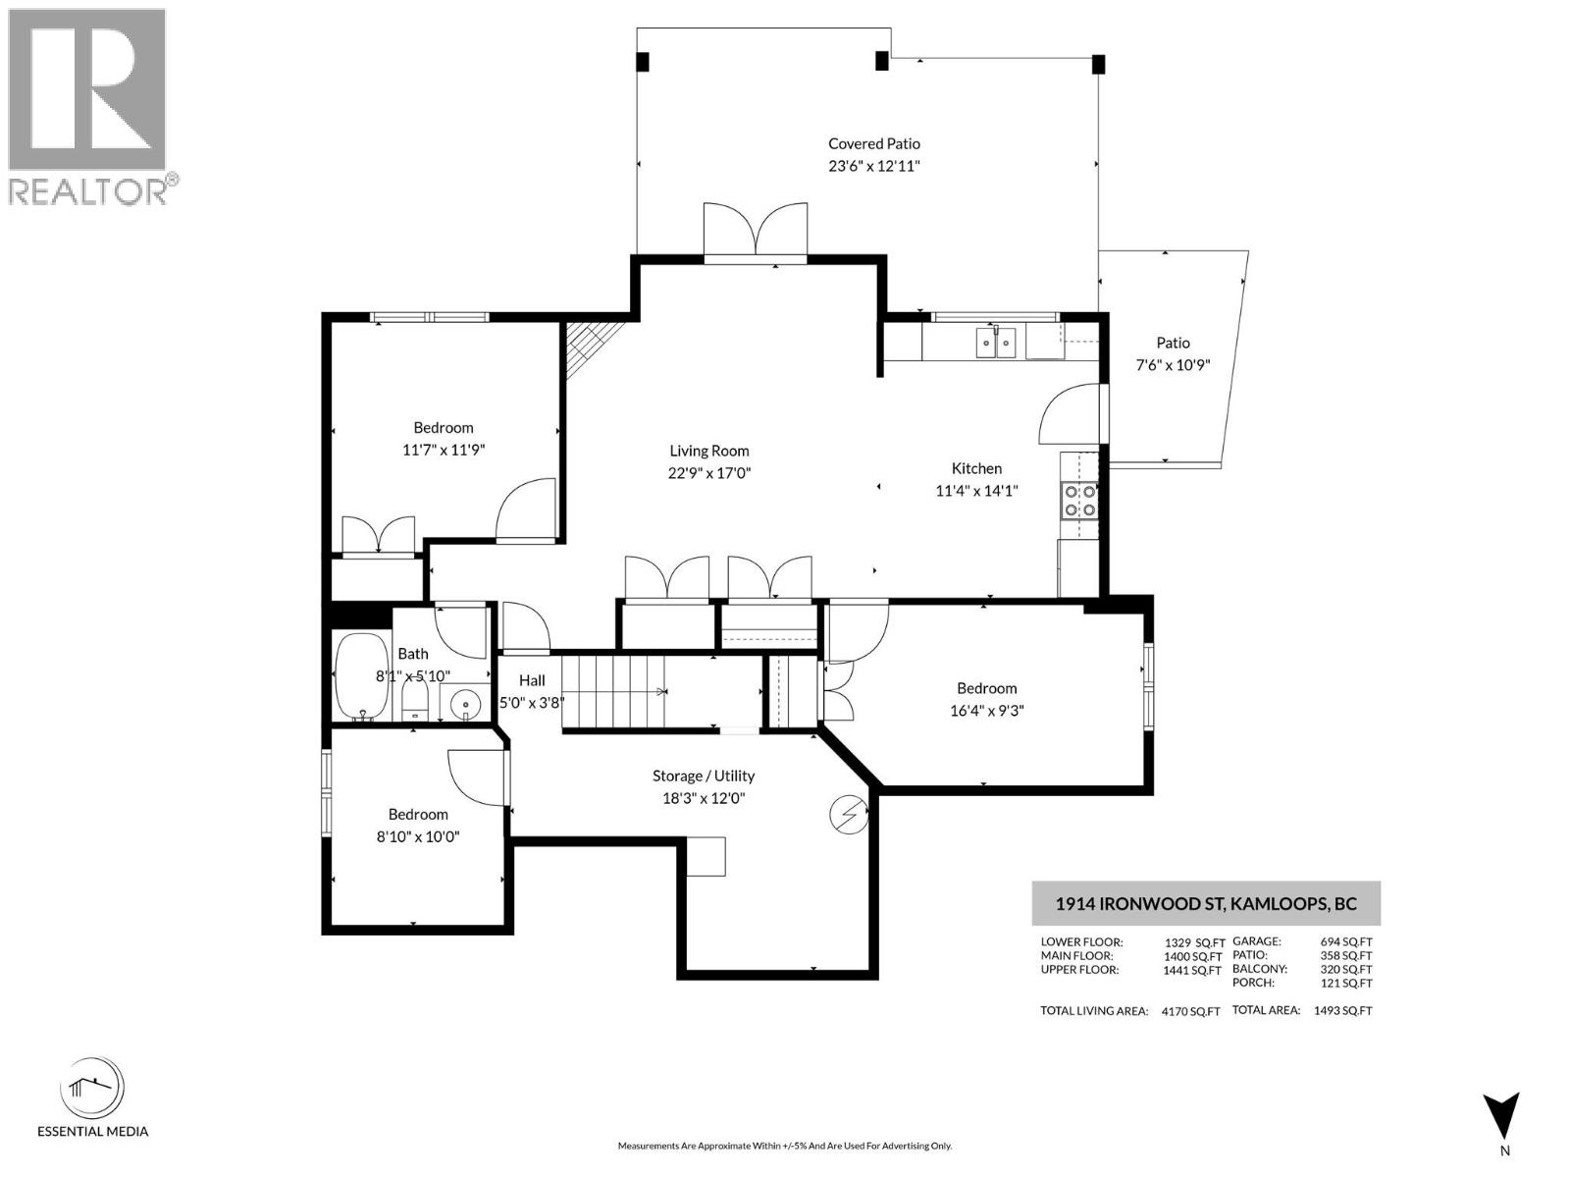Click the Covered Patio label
click(873, 143)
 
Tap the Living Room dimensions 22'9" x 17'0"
click(708, 473)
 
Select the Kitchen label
click(976, 468)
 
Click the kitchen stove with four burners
click(1079, 501)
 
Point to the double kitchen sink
click(995, 343)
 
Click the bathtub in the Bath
click(362, 676)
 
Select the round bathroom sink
click(464, 703)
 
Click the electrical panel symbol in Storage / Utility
click(848, 815)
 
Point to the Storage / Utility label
click(704, 776)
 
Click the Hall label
click(532, 680)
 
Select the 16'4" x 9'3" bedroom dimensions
click(986, 711)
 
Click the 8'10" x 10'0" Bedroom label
click(418, 814)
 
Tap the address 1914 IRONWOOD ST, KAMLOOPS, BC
click(1205, 903)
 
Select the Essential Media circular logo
click(92, 1089)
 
